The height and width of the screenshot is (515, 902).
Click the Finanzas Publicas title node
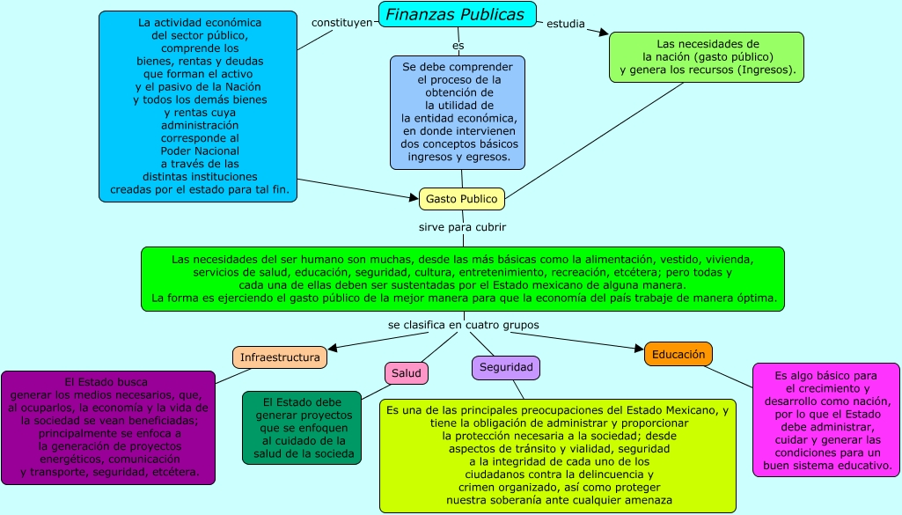click(456, 14)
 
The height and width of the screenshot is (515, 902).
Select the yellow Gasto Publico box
click(462, 199)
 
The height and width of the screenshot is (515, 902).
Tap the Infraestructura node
click(280, 357)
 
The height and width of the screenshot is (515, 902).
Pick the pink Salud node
click(406, 373)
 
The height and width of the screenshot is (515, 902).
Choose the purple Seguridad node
click(505, 367)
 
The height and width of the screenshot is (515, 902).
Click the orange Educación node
click(678, 354)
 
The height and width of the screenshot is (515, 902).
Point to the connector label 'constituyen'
click(341, 22)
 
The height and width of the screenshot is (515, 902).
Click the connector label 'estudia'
click(565, 24)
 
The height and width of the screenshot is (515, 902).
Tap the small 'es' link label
click(458, 45)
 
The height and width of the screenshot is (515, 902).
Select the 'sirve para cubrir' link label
click(462, 226)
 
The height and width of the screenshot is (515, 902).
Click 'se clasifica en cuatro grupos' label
click(463, 325)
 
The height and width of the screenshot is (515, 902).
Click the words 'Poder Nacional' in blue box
click(199, 151)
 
